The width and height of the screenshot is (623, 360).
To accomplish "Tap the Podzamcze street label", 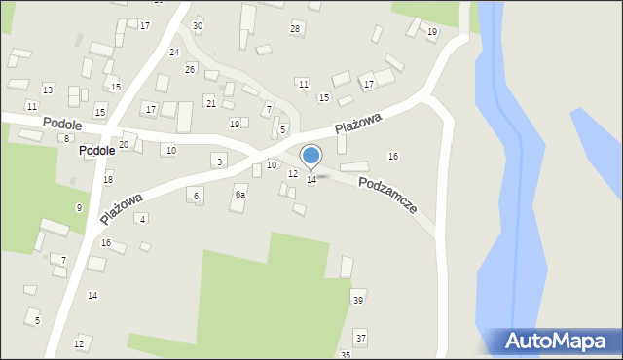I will (387, 195).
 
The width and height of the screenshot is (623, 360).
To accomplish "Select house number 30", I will (198, 25).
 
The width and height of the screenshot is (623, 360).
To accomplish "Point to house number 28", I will (295, 29).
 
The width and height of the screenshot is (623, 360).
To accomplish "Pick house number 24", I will (174, 52).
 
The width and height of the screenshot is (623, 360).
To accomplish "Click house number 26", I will (190, 69).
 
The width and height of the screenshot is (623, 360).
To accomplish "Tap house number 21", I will (210, 103).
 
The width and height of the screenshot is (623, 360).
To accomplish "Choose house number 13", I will (48, 90).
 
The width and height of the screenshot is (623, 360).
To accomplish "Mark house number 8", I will (66, 138).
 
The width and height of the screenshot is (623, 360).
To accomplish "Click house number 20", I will (124, 145).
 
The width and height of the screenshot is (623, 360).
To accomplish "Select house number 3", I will (219, 162).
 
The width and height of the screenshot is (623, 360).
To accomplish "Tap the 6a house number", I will (239, 195).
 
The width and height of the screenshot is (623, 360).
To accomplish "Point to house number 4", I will (142, 219).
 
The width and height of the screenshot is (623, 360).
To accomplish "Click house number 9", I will (79, 208).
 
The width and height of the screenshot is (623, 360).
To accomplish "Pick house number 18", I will (108, 180).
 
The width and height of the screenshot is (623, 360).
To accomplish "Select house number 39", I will (358, 300).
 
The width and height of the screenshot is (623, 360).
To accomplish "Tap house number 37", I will (360, 338).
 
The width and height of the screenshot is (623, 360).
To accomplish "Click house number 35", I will (345, 355).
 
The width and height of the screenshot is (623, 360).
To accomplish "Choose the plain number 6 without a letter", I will (197, 196).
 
